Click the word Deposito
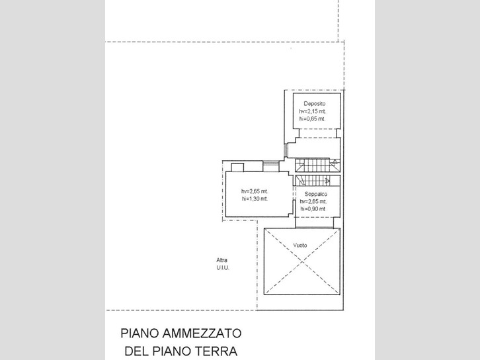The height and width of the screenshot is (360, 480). click(315, 103)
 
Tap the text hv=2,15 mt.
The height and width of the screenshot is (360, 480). click(313, 111)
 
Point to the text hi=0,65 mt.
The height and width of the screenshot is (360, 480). click(312, 118)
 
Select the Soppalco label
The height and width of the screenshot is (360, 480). click(315, 194)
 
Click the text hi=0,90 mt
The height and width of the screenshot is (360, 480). click(313, 209)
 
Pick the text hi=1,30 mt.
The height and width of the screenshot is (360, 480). click(255, 199)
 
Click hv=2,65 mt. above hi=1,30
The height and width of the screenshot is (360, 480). click(255, 191)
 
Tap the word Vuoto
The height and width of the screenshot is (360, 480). click(300, 245)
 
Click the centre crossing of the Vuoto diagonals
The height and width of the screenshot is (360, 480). click(302, 261)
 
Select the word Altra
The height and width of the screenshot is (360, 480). click(222, 260)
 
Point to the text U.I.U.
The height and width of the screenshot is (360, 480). click(223, 267)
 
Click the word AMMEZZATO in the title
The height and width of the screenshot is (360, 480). click(202, 333)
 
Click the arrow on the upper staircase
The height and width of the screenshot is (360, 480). click(335, 162)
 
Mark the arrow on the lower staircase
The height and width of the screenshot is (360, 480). click(328, 181)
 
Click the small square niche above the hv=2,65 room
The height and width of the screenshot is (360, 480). click(237, 167)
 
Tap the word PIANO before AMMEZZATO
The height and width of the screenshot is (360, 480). click(140, 333)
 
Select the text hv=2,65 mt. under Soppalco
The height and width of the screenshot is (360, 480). click(313, 202)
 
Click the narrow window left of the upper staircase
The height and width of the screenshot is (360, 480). click(286, 150)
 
